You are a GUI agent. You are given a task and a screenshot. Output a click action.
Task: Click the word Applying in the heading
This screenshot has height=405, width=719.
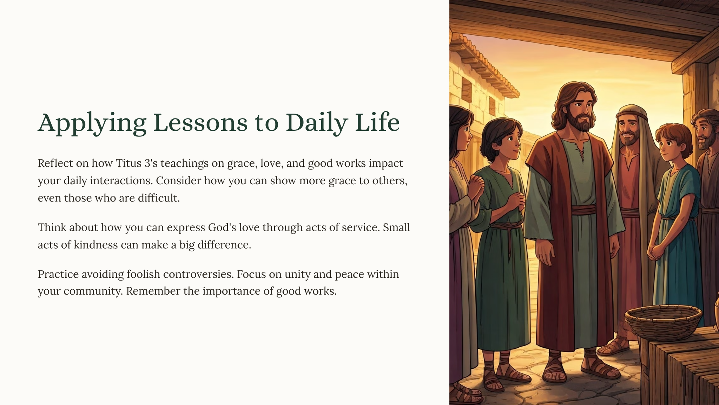[92, 123]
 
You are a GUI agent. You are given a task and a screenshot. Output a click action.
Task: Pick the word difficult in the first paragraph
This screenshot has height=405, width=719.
[159, 198]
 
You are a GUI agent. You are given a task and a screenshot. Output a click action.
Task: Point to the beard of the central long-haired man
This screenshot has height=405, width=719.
[582, 122]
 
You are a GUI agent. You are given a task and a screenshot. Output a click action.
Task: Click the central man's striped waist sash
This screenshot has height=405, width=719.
[584, 210]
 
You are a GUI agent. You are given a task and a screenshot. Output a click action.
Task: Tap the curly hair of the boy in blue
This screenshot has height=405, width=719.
[673, 135]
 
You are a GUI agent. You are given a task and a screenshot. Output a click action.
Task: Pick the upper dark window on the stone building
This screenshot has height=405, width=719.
[467, 89]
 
